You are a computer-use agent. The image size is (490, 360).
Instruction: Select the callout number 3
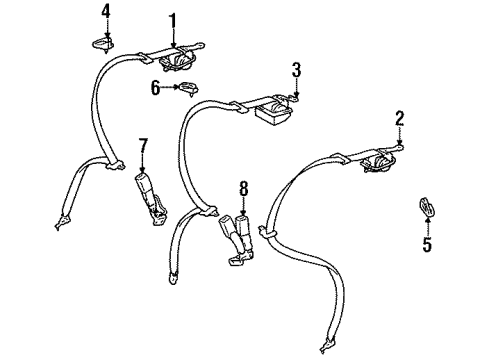296,69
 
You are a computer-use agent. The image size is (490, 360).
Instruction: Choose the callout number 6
154,88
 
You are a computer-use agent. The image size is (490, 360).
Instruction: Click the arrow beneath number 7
142,169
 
